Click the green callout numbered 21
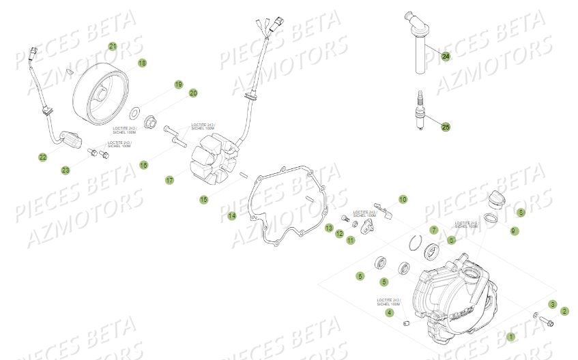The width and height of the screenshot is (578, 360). (x=113, y=46)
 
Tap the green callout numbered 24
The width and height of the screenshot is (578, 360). (x=446, y=57)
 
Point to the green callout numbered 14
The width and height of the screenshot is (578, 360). (x=232, y=216)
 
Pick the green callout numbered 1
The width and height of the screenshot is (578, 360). (x=511, y=336)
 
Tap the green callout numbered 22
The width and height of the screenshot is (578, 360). (x=42, y=157)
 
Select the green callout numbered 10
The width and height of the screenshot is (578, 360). (x=403, y=199)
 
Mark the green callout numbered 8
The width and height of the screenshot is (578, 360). (x=521, y=213)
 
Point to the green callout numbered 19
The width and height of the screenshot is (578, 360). (x=179, y=85)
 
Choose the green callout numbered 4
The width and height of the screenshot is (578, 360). (x=390, y=312)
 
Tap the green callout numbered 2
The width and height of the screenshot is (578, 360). (x=565, y=310)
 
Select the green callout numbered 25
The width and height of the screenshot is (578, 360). (x=446, y=127)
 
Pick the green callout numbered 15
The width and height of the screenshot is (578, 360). (x=203, y=199)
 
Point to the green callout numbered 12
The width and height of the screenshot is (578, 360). (x=339, y=234)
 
